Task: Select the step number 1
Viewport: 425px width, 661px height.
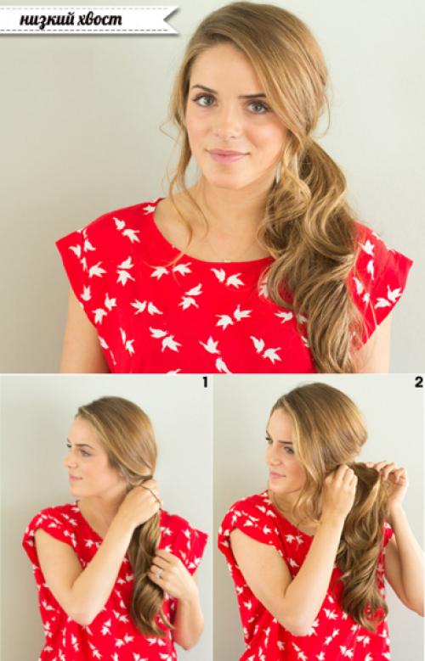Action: click(206, 383)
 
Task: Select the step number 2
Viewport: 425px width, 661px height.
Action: click(419, 383)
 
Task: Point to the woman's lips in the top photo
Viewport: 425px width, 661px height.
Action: click(227, 155)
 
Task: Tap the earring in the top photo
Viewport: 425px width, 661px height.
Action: click(279, 173)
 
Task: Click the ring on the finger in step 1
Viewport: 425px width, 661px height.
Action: click(159, 574)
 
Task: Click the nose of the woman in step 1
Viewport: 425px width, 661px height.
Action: click(68, 462)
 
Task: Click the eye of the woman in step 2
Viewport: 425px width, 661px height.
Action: click(288, 451)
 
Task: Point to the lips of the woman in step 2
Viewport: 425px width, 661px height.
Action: click(275, 475)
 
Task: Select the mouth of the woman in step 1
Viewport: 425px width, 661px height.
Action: click(74, 478)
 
